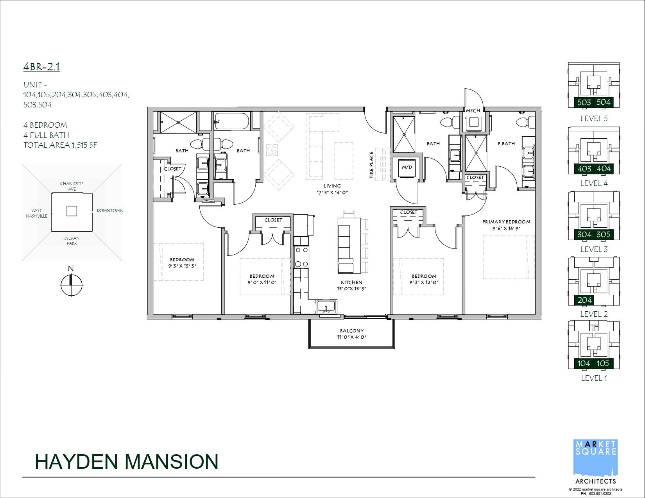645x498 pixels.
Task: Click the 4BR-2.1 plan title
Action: (x=41, y=67)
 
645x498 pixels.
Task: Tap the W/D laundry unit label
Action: (x=407, y=167)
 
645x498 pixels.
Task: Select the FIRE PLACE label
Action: (x=371, y=165)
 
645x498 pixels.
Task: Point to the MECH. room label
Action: (x=473, y=111)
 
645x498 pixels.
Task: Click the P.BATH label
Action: (x=506, y=144)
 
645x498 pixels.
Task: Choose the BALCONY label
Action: (x=352, y=331)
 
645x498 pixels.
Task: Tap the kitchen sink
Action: (x=326, y=307)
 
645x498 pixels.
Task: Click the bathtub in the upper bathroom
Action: (x=232, y=121)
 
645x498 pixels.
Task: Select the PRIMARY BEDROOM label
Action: (x=506, y=222)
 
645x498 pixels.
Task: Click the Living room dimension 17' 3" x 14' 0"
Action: (x=332, y=193)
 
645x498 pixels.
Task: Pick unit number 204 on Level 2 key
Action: (x=584, y=300)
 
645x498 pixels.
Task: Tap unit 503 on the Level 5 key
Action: (x=584, y=102)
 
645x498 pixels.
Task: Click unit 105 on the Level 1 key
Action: (x=603, y=363)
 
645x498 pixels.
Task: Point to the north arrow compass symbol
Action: (x=71, y=285)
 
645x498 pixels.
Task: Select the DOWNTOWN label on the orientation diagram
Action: (x=110, y=211)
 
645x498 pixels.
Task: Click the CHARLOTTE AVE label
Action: (x=72, y=186)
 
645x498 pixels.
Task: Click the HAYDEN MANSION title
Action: (x=127, y=462)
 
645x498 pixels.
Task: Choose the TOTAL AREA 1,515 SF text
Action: (x=60, y=145)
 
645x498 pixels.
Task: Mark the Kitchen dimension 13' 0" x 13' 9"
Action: (x=351, y=289)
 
